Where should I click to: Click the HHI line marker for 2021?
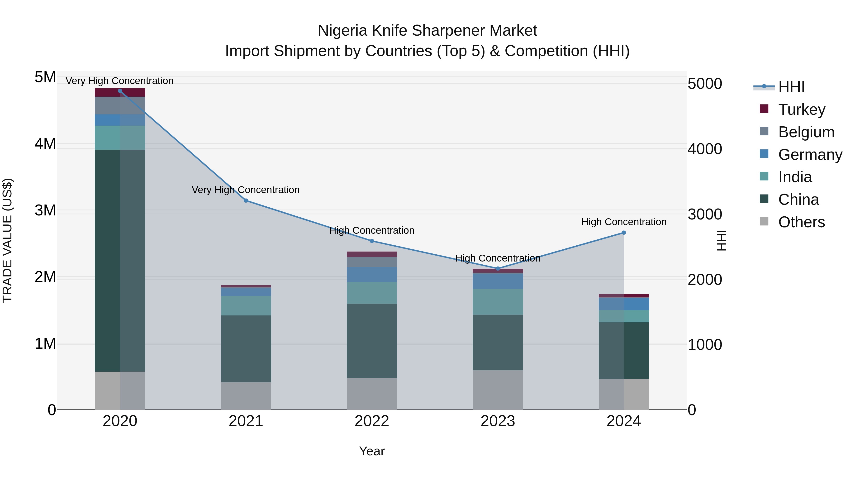click(x=246, y=200)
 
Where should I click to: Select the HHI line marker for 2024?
click(x=624, y=233)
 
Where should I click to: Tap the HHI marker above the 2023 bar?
click(x=498, y=269)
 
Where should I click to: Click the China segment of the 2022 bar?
click(x=372, y=341)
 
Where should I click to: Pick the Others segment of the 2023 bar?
click(x=498, y=390)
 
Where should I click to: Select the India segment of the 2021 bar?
click(x=246, y=305)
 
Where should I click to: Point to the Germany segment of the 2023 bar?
click(x=498, y=281)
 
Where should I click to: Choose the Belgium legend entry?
click(x=806, y=132)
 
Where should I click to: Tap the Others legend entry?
click(x=801, y=222)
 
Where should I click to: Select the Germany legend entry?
click(x=810, y=155)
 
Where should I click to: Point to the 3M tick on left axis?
click(x=45, y=210)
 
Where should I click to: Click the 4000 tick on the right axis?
click(x=705, y=149)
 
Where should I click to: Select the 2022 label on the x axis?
click(x=372, y=421)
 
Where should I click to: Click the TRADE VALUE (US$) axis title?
click(x=7, y=240)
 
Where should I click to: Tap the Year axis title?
click(x=372, y=451)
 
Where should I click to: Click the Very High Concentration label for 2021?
click(x=246, y=190)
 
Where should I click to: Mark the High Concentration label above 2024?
click(x=624, y=222)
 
